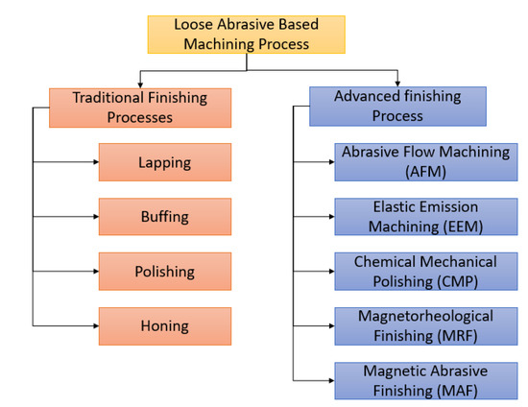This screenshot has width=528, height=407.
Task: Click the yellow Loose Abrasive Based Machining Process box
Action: pyautogui.click(x=246, y=35)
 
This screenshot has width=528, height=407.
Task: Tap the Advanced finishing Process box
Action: pyautogui.click(x=398, y=107)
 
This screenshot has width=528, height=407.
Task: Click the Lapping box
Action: pyautogui.click(x=164, y=162)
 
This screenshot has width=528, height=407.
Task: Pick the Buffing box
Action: pyautogui.click(x=164, y=217)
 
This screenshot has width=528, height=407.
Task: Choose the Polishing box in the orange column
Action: pyautogui.click(x=164, y=272)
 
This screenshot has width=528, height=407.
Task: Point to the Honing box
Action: pyautogui.click(x=164, y=326)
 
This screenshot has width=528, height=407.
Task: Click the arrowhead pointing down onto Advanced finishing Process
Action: pyautogui.click(x=397, y=84)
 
